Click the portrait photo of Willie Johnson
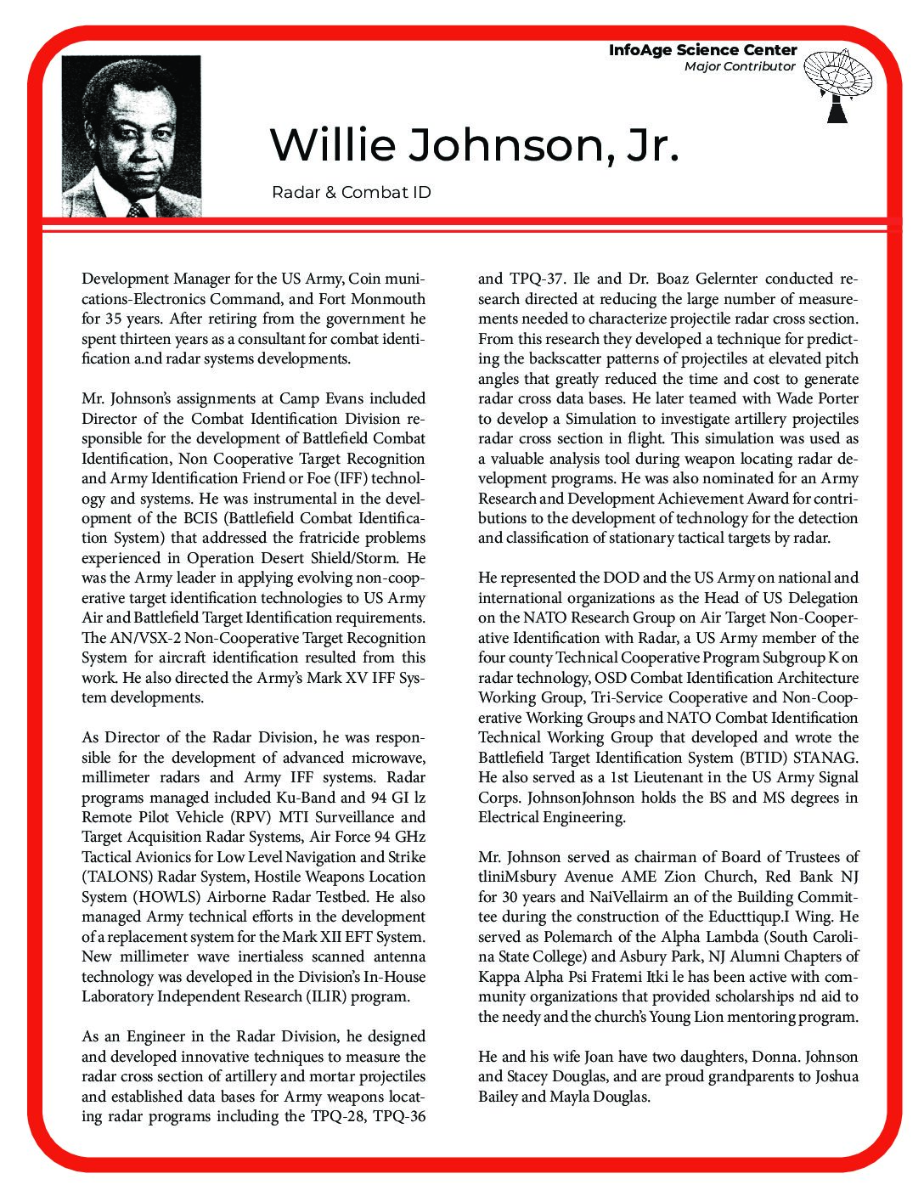[132, 136]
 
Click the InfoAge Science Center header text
[702, 51]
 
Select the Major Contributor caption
[740, 66]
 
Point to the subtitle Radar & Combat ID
[352, 193]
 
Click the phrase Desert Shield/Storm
[329, 558]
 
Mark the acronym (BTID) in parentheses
[763, 757]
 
